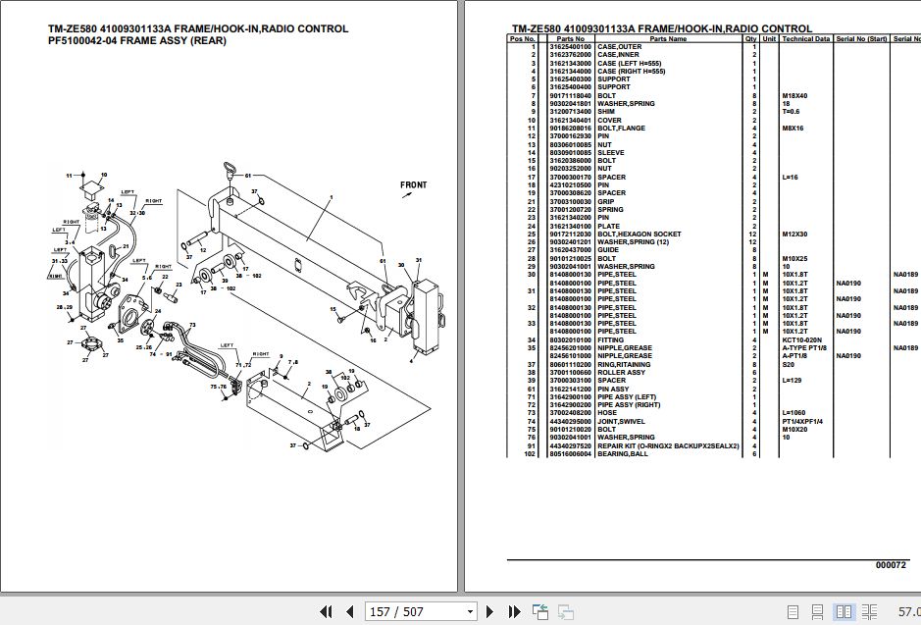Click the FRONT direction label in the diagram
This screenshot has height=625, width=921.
[413, 184]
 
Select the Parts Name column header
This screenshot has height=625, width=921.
[668, 38]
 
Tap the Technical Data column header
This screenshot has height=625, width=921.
[805, 38]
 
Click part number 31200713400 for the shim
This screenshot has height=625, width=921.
[570, 112]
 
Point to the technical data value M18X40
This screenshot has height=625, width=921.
[795, 96]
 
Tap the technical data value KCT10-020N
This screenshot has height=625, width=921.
[801, 340]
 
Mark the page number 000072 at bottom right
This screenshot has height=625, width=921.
[892, 565]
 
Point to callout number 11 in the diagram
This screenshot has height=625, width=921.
[70, 176]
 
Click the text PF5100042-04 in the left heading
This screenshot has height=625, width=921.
[84, 42]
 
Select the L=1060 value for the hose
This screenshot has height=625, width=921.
[794, 413]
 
